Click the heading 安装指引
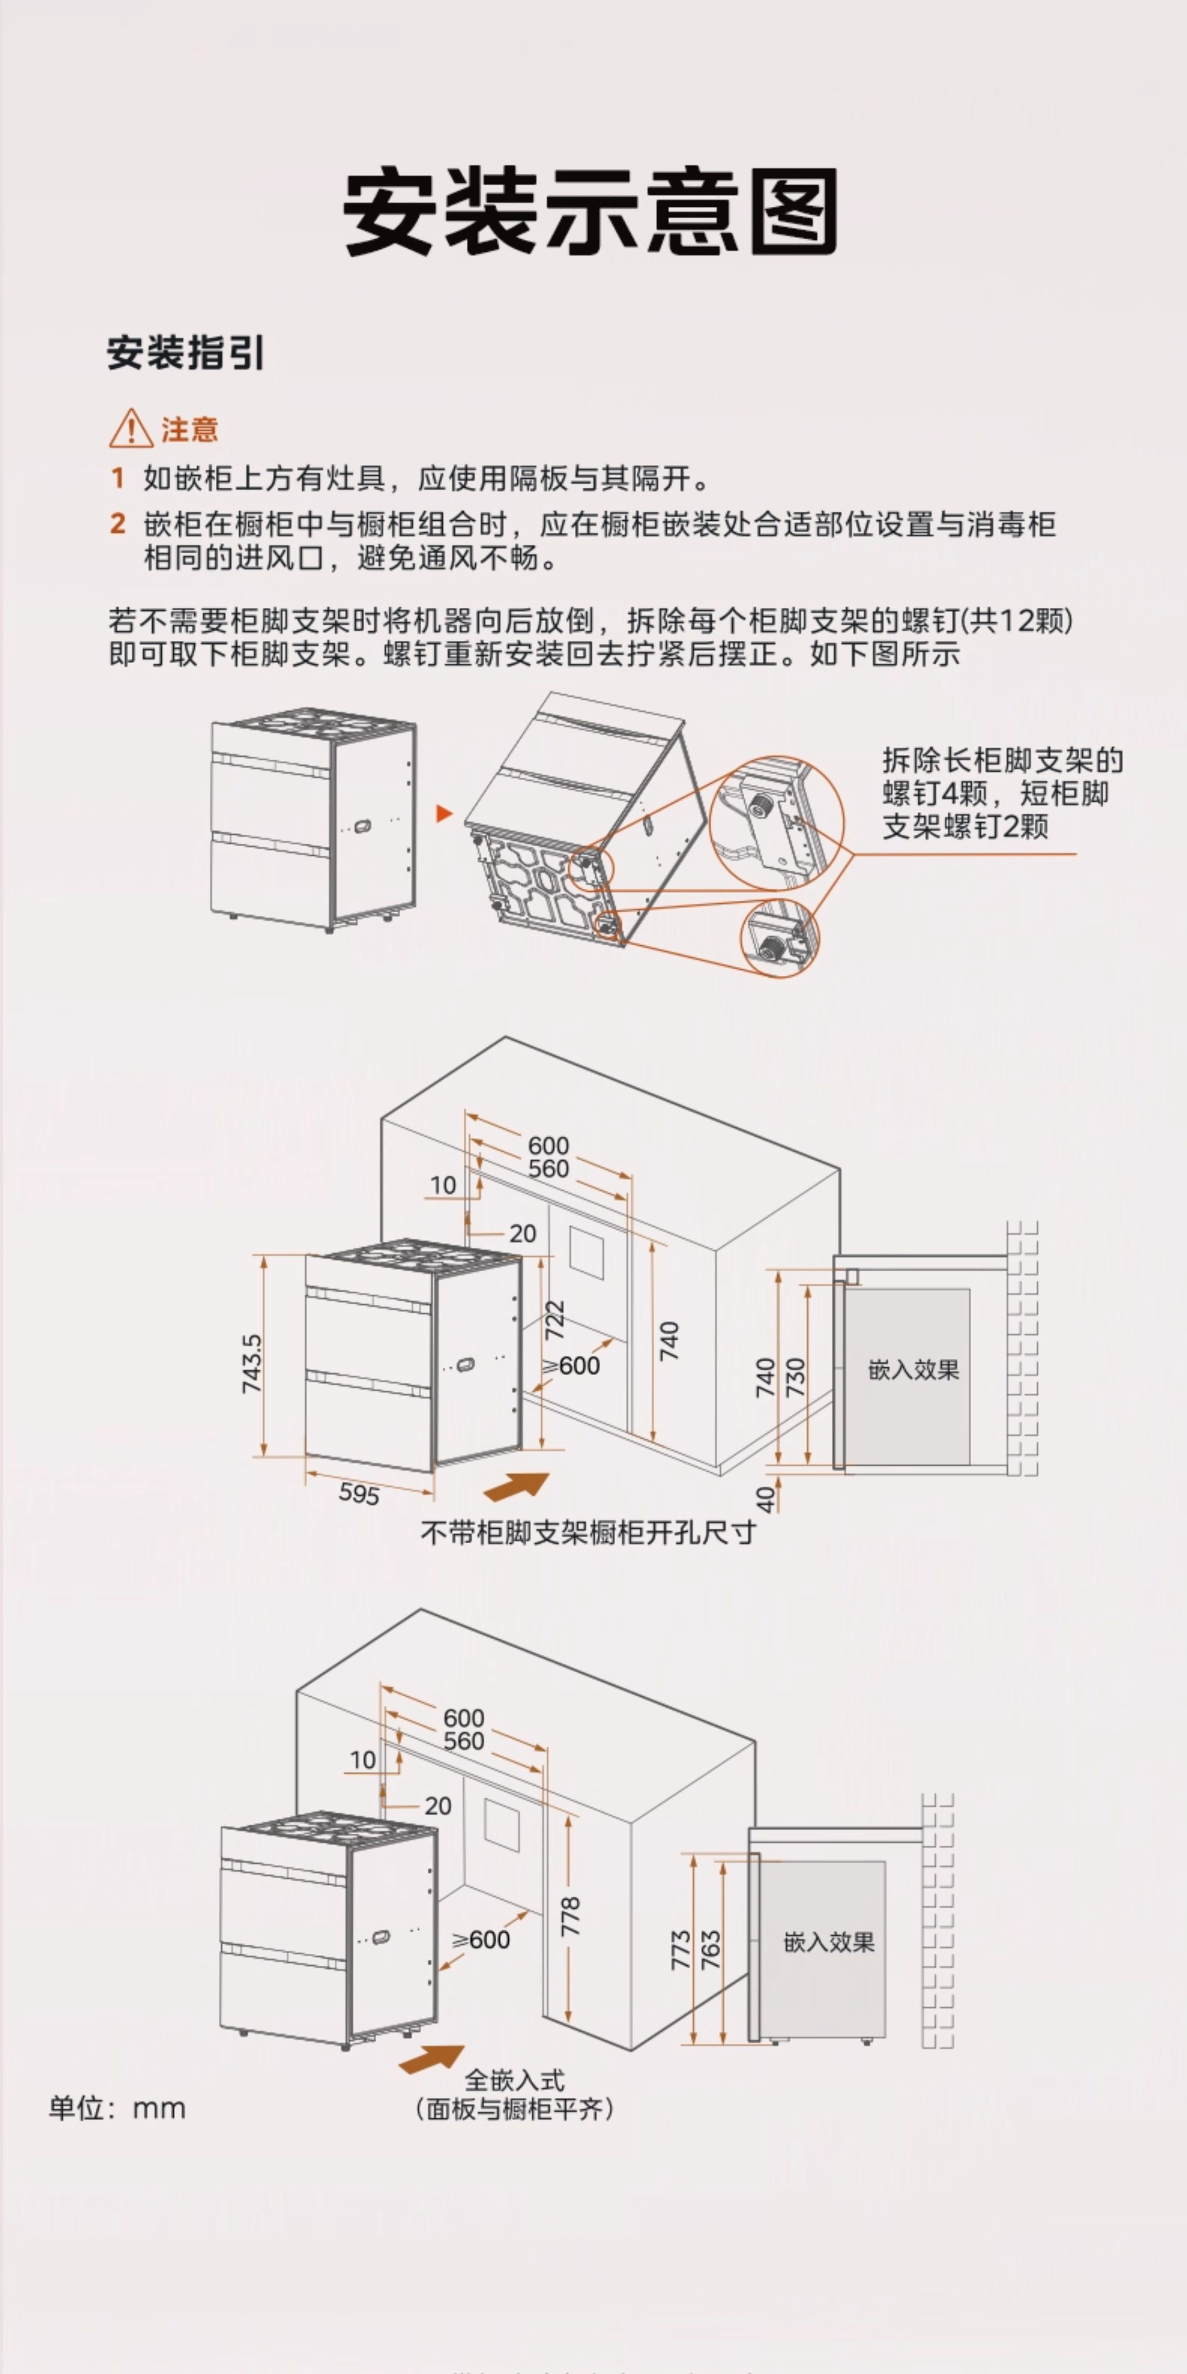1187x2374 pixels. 186,353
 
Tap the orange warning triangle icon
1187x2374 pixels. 131,428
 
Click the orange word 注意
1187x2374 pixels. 190,429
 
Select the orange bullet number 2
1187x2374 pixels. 117,524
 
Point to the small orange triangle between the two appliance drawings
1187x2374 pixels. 444,814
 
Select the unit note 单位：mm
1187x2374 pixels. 117,2108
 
